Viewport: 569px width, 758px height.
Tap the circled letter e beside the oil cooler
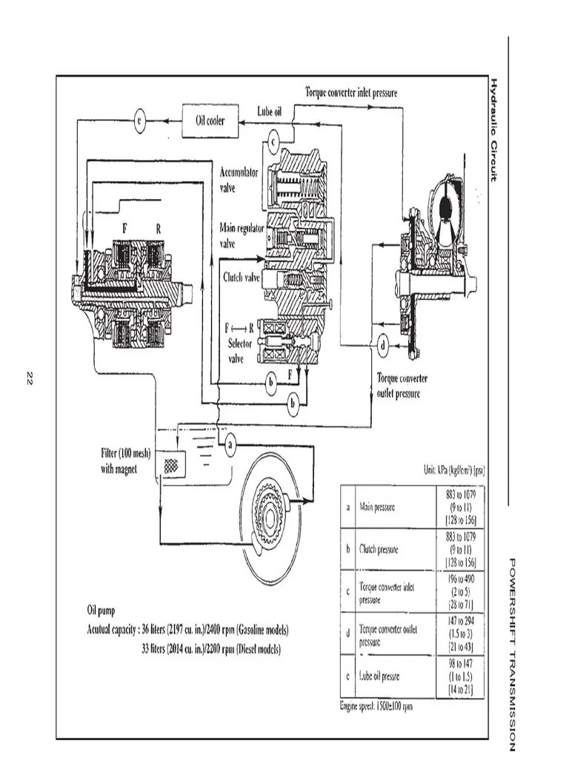[140, 121]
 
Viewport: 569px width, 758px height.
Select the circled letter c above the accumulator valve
[273, 140]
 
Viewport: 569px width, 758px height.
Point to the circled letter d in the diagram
[382, 345]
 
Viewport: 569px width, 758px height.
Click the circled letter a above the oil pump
[230, 446]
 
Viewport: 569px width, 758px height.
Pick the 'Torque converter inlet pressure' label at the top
[351, 93]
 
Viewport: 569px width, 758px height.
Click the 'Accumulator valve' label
[239, 180]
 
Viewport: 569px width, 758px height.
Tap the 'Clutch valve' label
[242, 278]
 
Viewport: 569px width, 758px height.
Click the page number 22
[30, 380]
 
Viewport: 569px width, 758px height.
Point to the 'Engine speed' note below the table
[376, 706]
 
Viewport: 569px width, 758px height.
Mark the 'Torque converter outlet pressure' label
[402, 386]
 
